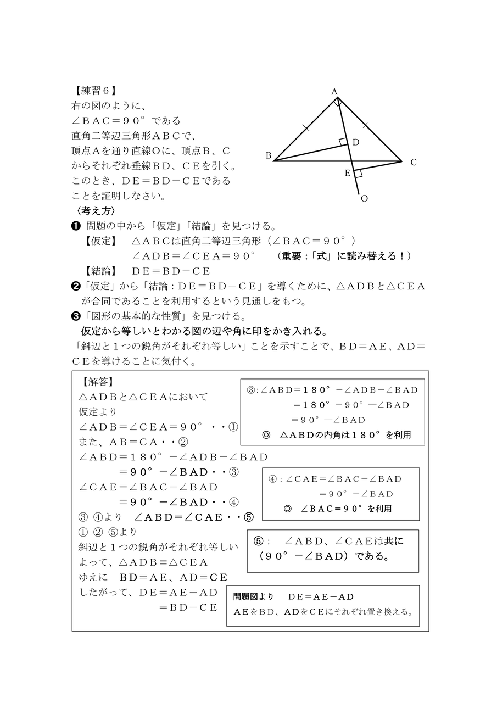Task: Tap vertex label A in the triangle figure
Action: (x=334, y=92)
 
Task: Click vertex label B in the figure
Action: (x=269, y=156)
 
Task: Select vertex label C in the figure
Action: (x=413, y=162)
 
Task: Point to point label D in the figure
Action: (x=355, y=143)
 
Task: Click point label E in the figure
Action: (x=347, y=174)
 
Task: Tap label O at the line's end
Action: (x=364, y=199)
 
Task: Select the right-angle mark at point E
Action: (x=358, y=174)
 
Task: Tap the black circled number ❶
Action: (x=77, y=226)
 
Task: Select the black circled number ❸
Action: (x=76, y=316)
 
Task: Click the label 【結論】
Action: (x=100, y=271)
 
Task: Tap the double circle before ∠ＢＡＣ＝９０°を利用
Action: (x=287, y=509)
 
